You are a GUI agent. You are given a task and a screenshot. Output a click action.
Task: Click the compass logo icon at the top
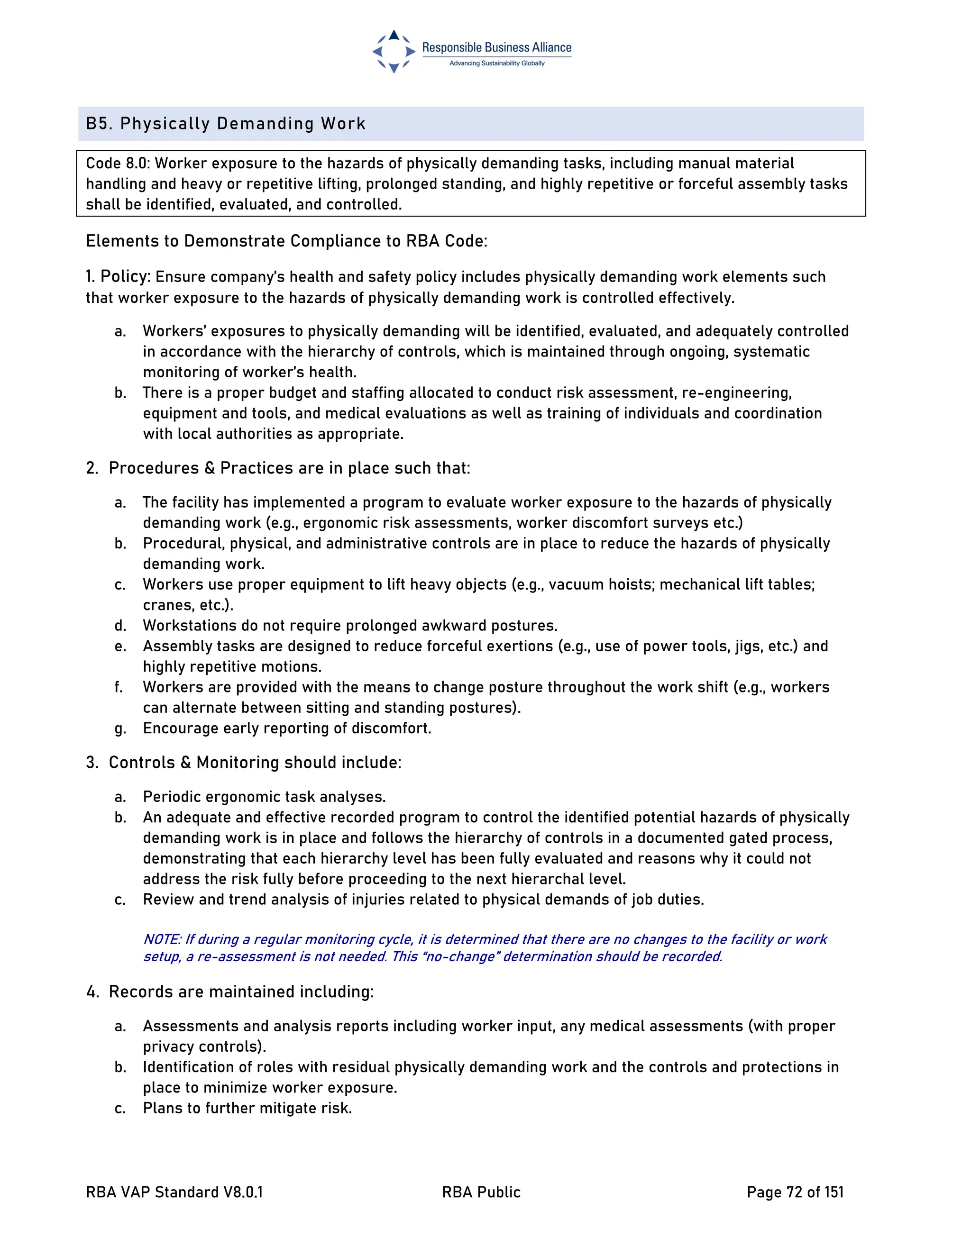394,51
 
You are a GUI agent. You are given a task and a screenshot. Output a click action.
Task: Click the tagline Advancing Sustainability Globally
496,63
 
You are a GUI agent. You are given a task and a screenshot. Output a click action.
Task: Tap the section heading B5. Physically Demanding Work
226,124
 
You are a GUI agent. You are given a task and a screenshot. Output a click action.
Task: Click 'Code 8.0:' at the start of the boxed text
118,164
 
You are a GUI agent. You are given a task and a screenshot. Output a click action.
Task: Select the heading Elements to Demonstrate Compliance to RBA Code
286,241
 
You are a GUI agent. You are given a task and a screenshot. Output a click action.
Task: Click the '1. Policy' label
118,277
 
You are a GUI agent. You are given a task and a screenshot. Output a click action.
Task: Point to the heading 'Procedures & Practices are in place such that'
289,468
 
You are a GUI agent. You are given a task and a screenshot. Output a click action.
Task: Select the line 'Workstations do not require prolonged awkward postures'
350,626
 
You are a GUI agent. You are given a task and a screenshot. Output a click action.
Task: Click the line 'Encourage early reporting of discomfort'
286,728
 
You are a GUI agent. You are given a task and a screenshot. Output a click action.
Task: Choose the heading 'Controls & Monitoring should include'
254,763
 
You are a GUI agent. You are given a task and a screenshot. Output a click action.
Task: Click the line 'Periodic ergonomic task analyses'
264,797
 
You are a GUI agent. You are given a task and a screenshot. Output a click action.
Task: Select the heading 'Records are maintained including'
240,992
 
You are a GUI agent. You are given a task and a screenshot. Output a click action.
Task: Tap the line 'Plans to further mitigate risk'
247,1108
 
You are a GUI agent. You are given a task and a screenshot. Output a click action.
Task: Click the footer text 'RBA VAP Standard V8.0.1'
174,1192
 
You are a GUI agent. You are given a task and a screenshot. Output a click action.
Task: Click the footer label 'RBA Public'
481,1192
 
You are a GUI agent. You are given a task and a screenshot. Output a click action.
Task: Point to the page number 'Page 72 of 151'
795,1192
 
